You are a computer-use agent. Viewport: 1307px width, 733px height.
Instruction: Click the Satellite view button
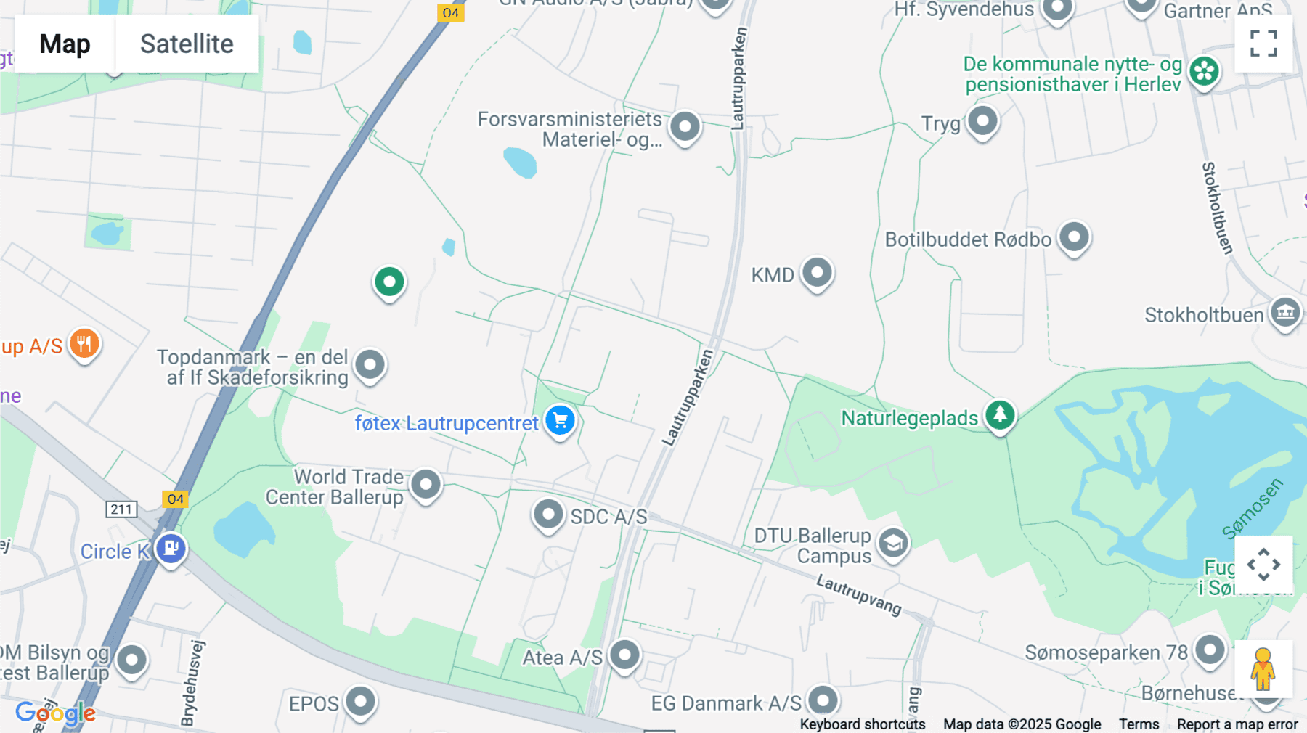187,44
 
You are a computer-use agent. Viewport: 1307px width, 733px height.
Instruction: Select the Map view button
65,44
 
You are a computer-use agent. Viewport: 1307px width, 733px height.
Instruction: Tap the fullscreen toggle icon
1263,44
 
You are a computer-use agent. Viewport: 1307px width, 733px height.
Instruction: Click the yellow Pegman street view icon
1263,669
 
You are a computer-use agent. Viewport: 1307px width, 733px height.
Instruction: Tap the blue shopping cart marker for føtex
560,420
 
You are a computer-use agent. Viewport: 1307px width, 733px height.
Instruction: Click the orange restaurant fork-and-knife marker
84,344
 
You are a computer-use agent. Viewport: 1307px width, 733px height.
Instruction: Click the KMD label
773,276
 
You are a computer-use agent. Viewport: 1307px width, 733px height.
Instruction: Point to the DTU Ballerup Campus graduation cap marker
893,544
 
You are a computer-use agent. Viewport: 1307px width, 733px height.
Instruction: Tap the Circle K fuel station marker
171,549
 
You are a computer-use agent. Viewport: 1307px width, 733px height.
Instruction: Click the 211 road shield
121,509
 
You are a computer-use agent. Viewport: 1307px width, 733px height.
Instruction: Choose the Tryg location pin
982,121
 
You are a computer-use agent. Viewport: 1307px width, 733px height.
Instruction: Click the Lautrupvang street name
858,594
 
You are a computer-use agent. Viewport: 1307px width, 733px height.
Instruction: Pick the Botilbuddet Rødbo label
967,240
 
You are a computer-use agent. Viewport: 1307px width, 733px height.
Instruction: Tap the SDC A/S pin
548,515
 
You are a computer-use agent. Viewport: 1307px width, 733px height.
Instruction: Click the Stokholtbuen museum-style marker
1285,313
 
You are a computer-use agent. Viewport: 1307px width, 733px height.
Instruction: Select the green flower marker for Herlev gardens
1204,72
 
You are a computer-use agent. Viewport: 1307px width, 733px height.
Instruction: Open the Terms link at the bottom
1139,724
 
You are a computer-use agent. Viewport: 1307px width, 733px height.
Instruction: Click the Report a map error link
1237,724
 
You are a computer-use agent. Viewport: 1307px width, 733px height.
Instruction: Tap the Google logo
55,713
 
